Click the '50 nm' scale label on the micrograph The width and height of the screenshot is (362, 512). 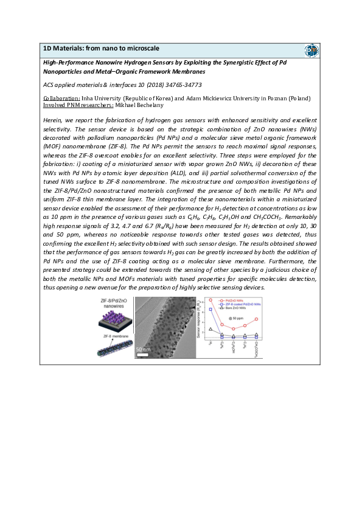point(143,349)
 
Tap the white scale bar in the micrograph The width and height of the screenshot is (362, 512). point(143,353)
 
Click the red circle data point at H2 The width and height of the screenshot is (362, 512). point(211,300)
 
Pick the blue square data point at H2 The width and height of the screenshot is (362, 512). point(211,310)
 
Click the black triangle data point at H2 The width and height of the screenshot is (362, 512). point(211,329)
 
